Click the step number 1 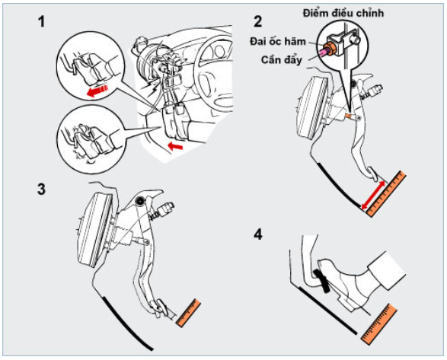(x=42, y=21)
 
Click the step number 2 (x=257, y=21)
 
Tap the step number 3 (x=42, y=189)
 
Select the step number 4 (x=258, y=234)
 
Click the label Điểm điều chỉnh (x=343, y=13)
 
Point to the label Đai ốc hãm (x=278, y=42)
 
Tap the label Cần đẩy (x=281, y=60)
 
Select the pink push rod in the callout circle (x=324, y=53)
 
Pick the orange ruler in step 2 (x=386, y=194)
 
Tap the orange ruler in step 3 (x=188, y=313)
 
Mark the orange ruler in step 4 (x=379, y=324)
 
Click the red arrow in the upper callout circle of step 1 (x=97, y=91)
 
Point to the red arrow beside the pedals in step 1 (x=175, y=146)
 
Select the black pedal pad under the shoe (x=321, y=281)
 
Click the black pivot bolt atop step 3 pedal (x=139, y=201)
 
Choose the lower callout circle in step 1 (x=91, y=139)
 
